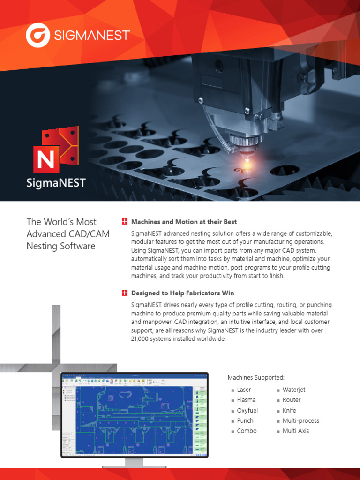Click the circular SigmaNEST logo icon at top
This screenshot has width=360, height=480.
coord(37,36)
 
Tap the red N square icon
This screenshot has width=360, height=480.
coord(46,159)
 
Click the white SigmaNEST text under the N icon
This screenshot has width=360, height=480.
coord(56,183)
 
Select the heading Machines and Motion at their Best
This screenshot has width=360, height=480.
coord(184,222)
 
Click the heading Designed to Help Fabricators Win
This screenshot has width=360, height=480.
coord(182,293)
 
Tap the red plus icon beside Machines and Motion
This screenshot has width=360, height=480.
coord(124,222)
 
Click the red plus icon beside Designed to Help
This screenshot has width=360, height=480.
coord(124,293)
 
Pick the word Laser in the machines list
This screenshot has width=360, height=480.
coord(244,390)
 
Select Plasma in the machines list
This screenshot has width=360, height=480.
coord(246,400)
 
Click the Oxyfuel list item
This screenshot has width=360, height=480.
coord(247,410)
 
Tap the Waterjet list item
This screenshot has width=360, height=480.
coord(294,390)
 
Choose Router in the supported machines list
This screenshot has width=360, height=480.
coord(292,400)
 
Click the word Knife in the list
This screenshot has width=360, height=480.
coord(289,410)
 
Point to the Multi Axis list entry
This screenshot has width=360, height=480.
coord(296,431)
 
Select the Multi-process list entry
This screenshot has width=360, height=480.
coord(300,420)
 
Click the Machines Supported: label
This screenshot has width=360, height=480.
coord(256,377)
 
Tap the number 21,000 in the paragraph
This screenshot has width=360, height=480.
coord(142,339)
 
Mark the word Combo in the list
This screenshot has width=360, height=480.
coord(247,431)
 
